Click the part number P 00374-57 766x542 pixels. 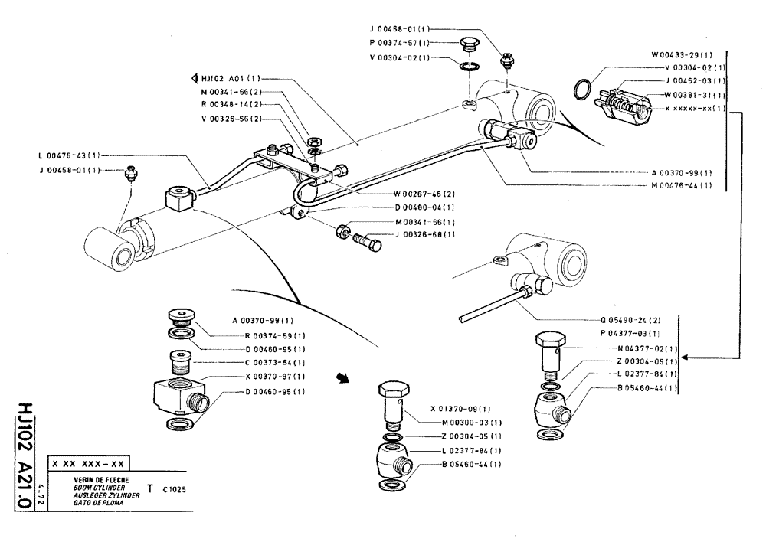pos(401,43)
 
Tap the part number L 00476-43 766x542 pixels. pos(68,155)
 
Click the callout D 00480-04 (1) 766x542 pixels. pos(424,207)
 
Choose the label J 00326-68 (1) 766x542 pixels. pos(424,234)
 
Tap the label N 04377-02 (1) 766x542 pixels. pos(645,348)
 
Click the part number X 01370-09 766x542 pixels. pos(460,409)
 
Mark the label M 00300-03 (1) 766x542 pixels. pos(472,423)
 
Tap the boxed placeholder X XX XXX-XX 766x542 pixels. pos(87,463)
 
